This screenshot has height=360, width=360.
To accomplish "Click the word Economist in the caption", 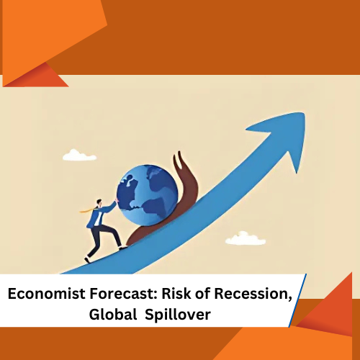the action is click(46, 294).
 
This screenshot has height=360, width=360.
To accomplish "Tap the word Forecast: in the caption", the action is click(123, 294).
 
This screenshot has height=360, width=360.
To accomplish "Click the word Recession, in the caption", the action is click(253, 294).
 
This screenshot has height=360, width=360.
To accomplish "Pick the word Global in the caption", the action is click(113, 314).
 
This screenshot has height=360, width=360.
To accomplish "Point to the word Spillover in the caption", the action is click(178, 315).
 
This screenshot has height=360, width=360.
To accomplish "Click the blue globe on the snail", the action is click(148, 195).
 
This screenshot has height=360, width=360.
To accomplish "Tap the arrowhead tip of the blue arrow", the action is click(305, 113).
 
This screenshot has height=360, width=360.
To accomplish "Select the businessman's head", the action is click(99, 202).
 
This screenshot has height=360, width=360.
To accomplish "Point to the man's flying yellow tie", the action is click(87, 210).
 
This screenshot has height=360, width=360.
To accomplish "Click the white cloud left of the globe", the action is click(79, 155).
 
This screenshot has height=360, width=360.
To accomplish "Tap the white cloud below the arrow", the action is click(246, 238).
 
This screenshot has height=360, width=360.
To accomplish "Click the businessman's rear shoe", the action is click(87, 260).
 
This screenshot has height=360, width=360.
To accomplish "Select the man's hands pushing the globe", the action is click(117, 200).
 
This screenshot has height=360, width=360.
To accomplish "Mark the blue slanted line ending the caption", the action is click(297, 300).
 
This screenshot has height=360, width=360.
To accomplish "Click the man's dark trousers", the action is click(102, 240).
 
